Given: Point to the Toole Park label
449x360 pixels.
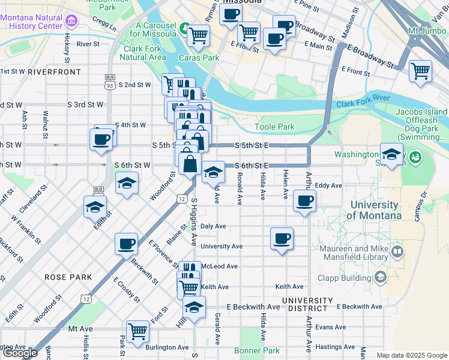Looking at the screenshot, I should (274, 127).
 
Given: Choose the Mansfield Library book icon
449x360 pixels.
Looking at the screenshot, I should (397, 251).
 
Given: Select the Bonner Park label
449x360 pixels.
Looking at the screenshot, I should (257, 350).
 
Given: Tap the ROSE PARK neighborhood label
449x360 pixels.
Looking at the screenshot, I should (68, 277).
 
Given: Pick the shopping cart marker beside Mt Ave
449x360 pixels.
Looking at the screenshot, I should (138, 330).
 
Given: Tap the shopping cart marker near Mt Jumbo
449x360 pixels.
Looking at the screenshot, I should (420, 70).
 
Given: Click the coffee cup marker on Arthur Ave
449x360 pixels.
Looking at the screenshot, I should (305, 201).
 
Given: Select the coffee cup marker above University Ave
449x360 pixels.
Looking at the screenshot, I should (282, 238).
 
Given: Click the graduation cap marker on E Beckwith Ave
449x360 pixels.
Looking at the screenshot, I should (193, 308).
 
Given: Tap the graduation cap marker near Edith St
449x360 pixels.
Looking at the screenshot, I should (95, 207).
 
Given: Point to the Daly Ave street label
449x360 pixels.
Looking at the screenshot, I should (213, 226).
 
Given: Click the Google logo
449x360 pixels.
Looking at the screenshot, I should (20, 353).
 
